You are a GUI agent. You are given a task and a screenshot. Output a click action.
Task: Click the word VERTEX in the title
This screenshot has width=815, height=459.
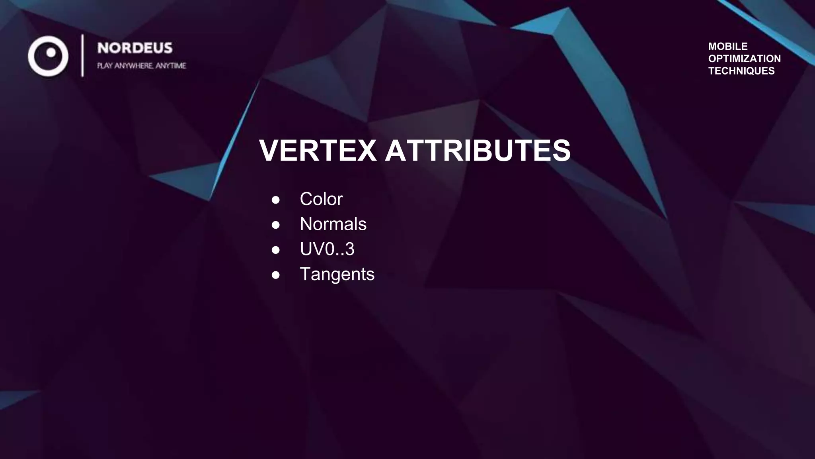318,151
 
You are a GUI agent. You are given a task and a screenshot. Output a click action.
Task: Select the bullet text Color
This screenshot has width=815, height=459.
321,199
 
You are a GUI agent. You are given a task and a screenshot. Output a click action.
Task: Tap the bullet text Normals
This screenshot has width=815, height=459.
333,224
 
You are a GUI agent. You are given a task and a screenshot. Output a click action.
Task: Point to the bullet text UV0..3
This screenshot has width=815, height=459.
327,249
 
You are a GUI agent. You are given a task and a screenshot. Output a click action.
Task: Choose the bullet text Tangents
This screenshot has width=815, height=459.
337,274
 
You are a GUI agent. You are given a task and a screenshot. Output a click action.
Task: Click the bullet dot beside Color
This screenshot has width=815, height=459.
276,200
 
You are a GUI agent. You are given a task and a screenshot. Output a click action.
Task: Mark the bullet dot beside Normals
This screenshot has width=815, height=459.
276,225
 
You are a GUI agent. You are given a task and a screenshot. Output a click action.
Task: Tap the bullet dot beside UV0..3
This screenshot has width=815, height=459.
276,250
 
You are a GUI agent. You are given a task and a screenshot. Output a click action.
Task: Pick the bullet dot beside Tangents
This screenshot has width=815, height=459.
276,275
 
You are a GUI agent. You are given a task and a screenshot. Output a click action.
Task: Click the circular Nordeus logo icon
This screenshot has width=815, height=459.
48,56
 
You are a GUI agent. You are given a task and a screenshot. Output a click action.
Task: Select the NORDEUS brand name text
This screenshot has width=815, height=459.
135,48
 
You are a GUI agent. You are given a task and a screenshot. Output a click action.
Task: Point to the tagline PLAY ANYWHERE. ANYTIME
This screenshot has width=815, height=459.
141,66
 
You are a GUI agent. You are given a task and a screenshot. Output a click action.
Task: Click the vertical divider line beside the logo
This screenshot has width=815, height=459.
82,55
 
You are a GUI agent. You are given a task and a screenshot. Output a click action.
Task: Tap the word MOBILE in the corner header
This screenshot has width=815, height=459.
728,46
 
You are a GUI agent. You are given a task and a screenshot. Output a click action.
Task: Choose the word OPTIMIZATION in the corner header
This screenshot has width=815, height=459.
744,59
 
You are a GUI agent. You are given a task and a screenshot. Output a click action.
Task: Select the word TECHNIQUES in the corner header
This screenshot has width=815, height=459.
741,71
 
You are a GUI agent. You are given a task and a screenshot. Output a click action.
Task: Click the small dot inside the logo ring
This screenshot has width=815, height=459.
51,53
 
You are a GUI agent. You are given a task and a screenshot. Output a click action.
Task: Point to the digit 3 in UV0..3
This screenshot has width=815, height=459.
349,249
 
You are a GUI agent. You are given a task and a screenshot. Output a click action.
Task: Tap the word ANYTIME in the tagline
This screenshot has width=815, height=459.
171,66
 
